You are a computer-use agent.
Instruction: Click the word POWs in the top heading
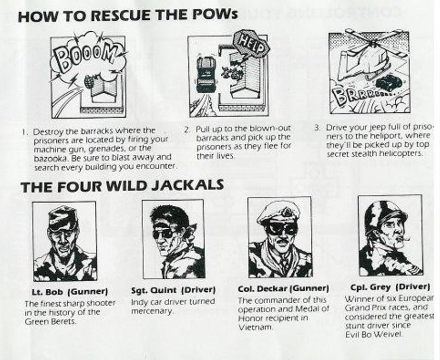point(215,14)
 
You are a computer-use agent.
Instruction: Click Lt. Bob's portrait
point(65,241)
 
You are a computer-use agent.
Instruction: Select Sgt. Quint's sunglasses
point(164,233)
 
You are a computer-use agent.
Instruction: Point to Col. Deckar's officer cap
point(278,214)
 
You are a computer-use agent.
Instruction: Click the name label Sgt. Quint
point(154,290)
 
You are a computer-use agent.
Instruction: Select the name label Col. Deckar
point(262,289)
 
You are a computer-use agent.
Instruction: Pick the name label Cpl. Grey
point(370,287)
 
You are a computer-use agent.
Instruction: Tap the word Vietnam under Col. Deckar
point(255,327)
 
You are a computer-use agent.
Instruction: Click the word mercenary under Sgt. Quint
point(152,312)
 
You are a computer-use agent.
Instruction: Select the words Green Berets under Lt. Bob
point(51,322)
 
